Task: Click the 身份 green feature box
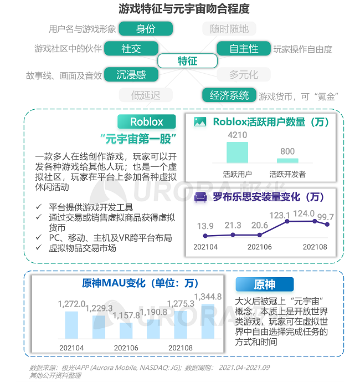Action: click(146, 29)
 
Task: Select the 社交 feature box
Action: click(131, 48)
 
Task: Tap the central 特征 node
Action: click(187, 61)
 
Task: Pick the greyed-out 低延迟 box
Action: click(146, 95)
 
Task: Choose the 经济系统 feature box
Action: click(229, 95)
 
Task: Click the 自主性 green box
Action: click(244, 48)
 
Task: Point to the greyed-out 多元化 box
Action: click(244, 74)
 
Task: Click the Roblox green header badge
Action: click(147, 121)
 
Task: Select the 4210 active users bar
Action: click(237, 152)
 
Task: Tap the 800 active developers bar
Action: click(287, 161)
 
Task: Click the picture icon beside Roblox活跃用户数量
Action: click(200, 121)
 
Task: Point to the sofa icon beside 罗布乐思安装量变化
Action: click(200, 197)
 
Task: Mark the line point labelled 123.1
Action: click(287, 221)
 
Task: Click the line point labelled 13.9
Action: click(205, 236)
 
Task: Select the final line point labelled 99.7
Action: click(327, 225)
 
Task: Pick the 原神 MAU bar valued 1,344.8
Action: click(208, 322)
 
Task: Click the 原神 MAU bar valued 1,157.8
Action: click(126, 330)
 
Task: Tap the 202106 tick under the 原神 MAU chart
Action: click(126, 348)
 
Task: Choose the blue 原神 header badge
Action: click(265, 284)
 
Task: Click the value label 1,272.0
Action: click(71, 304)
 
